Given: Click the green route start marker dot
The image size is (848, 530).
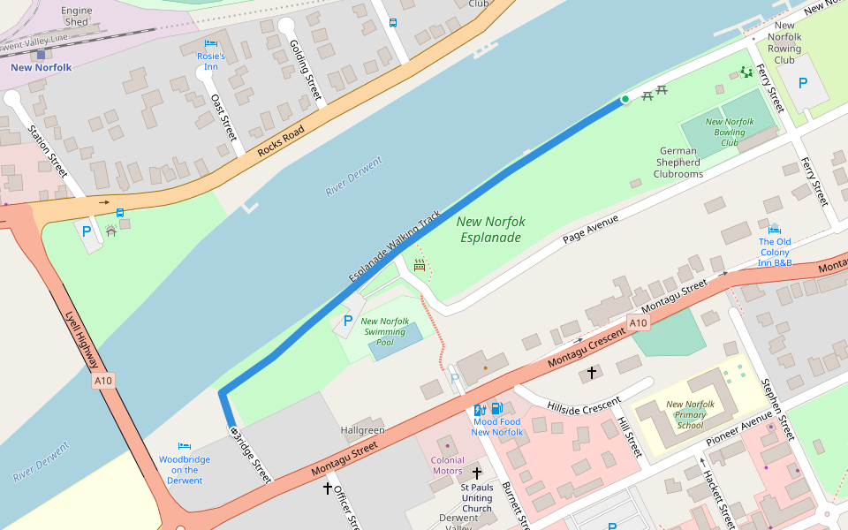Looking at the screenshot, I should [625, 99].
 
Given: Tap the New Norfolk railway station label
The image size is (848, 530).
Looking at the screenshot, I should [41, 67].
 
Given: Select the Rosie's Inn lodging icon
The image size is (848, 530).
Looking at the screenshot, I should [210, 43].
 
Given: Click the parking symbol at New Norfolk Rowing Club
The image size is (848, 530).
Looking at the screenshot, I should [803, 83].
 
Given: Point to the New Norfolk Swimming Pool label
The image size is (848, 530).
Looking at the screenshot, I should [384, 331].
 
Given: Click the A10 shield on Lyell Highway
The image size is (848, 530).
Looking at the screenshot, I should [103, 381].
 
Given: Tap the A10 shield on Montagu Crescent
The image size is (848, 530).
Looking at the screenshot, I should [639, 323].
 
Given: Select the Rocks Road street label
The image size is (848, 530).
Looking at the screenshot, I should [281, 142].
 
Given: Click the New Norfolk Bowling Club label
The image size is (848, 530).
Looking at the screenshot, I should [729, 132].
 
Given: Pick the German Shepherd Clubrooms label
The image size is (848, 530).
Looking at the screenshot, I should [678, 163].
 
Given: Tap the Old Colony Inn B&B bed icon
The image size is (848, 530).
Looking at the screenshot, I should [774, 230].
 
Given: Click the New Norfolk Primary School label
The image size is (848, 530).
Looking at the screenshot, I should [690, 414].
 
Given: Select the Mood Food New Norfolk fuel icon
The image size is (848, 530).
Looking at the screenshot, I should [496, 408].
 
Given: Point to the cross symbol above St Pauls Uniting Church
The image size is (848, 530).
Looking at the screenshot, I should [477, 473].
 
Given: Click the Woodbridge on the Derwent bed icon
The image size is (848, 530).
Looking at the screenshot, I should [185, 447].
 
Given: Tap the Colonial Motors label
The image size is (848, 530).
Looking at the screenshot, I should [447, 466].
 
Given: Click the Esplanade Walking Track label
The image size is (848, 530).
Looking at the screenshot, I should [394, 246].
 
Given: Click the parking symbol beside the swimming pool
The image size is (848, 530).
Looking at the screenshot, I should [347, 321].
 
